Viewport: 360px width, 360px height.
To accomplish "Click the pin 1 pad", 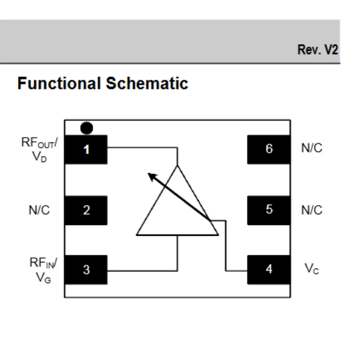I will [x=86, y=149].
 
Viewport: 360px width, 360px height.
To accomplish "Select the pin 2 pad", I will [x=86, y=210].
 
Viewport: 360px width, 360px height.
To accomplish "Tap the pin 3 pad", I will [x=86, y=270].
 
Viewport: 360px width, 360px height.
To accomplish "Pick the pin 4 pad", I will [x=269, y=270].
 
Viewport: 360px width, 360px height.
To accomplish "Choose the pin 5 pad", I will [x=269, y=210].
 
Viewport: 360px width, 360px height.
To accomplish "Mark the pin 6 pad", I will [x=269, y=149].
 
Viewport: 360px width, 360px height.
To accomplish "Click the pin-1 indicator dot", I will [x=86, y=128].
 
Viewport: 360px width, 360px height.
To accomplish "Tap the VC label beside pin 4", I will [x=310, y=269].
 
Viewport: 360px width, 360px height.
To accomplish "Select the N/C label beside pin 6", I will [x=311, y=148].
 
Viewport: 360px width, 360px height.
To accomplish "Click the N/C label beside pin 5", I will [x=311, y=210].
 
